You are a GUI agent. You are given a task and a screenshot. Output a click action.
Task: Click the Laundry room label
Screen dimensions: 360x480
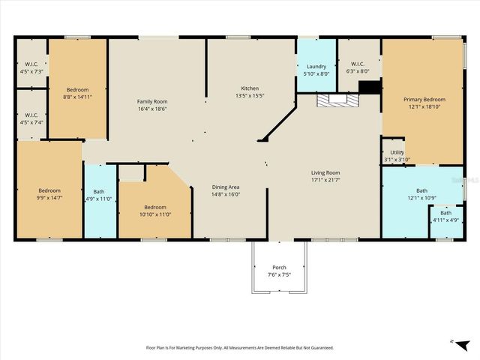(x=316, y=70)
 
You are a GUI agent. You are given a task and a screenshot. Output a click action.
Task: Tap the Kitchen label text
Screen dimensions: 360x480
(x=250, y=91)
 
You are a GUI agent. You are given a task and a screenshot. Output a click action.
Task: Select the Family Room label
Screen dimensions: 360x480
(x=151, y=104)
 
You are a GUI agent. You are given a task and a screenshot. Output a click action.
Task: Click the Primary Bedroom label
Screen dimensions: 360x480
(x=424, y=103)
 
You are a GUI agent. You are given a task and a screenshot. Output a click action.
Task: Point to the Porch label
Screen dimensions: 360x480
(x=279, y=271)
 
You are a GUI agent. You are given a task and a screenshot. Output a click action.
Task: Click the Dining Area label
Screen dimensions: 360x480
(x=226, y=190)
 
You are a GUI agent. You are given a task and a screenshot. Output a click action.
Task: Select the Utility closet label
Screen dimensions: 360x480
(x=397, y=156)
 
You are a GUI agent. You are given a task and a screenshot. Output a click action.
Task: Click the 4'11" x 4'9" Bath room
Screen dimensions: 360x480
(x=445, y=216)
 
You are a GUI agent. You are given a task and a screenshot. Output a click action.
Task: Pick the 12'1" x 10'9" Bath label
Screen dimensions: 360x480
(x=421, y=194)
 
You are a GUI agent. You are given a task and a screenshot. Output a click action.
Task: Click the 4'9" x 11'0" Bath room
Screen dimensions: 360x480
(x=99, y=195)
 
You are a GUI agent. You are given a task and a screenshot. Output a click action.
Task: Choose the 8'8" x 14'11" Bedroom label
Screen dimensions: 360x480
(x=78, y=92)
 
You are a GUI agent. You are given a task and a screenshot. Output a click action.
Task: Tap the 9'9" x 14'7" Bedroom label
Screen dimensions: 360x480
(x=49, y=193)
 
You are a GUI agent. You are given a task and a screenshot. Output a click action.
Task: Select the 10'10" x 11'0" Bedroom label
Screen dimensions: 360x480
(x=154, y=211)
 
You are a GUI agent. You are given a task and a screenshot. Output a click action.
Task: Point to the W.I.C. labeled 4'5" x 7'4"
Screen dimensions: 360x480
(x=31, y=118)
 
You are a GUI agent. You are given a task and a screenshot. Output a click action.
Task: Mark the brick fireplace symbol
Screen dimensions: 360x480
(x=333, y=100)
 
